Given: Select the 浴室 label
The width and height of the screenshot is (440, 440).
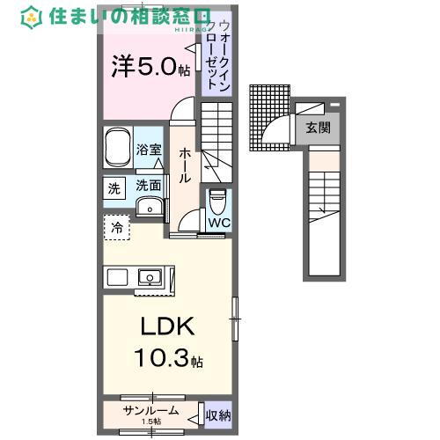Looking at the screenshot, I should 150,150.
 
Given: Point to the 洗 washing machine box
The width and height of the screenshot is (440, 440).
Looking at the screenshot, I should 115,187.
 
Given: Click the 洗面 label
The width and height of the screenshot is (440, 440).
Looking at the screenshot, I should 149,186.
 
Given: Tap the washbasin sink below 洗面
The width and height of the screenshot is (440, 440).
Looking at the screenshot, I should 150,207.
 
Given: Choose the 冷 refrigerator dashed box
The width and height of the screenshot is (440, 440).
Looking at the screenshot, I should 116,228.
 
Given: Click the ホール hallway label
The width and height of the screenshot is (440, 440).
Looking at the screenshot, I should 185,165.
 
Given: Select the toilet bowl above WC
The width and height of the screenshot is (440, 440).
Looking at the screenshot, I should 217,202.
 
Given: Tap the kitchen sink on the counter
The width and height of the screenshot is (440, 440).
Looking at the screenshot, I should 150,278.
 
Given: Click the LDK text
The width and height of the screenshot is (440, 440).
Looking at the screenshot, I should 166,328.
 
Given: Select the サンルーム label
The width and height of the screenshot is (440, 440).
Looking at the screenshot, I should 150,411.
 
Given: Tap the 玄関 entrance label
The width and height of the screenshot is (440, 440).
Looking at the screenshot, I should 319,127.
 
